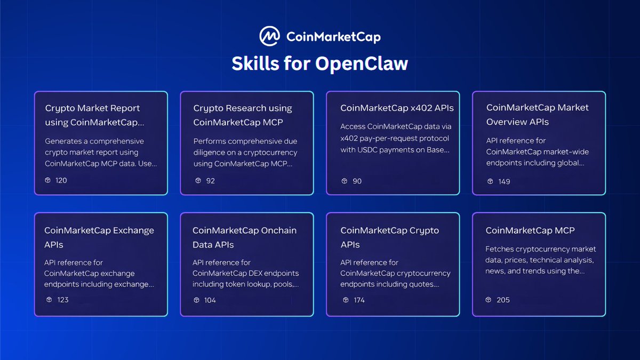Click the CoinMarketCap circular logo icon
point(269,36)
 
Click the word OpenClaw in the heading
point(362,63)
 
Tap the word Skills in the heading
point(255,63)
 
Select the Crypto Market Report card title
point(94,115)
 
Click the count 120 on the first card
point(61,180)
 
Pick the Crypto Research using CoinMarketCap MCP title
point(243,115)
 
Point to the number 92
point(211,181)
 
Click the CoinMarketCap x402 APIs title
point(397,108)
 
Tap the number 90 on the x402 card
point(357,181)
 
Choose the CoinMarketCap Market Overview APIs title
point(538,115)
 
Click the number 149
point(504,181)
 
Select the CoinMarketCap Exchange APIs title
point(99,237)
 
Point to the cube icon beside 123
point(49,299)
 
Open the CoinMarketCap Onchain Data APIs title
point(245,237)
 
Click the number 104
point(210,300)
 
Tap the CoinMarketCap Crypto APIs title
point(390,237)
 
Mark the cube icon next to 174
point(346,300)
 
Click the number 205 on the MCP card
point(503,300)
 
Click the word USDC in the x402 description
point(366,150)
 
